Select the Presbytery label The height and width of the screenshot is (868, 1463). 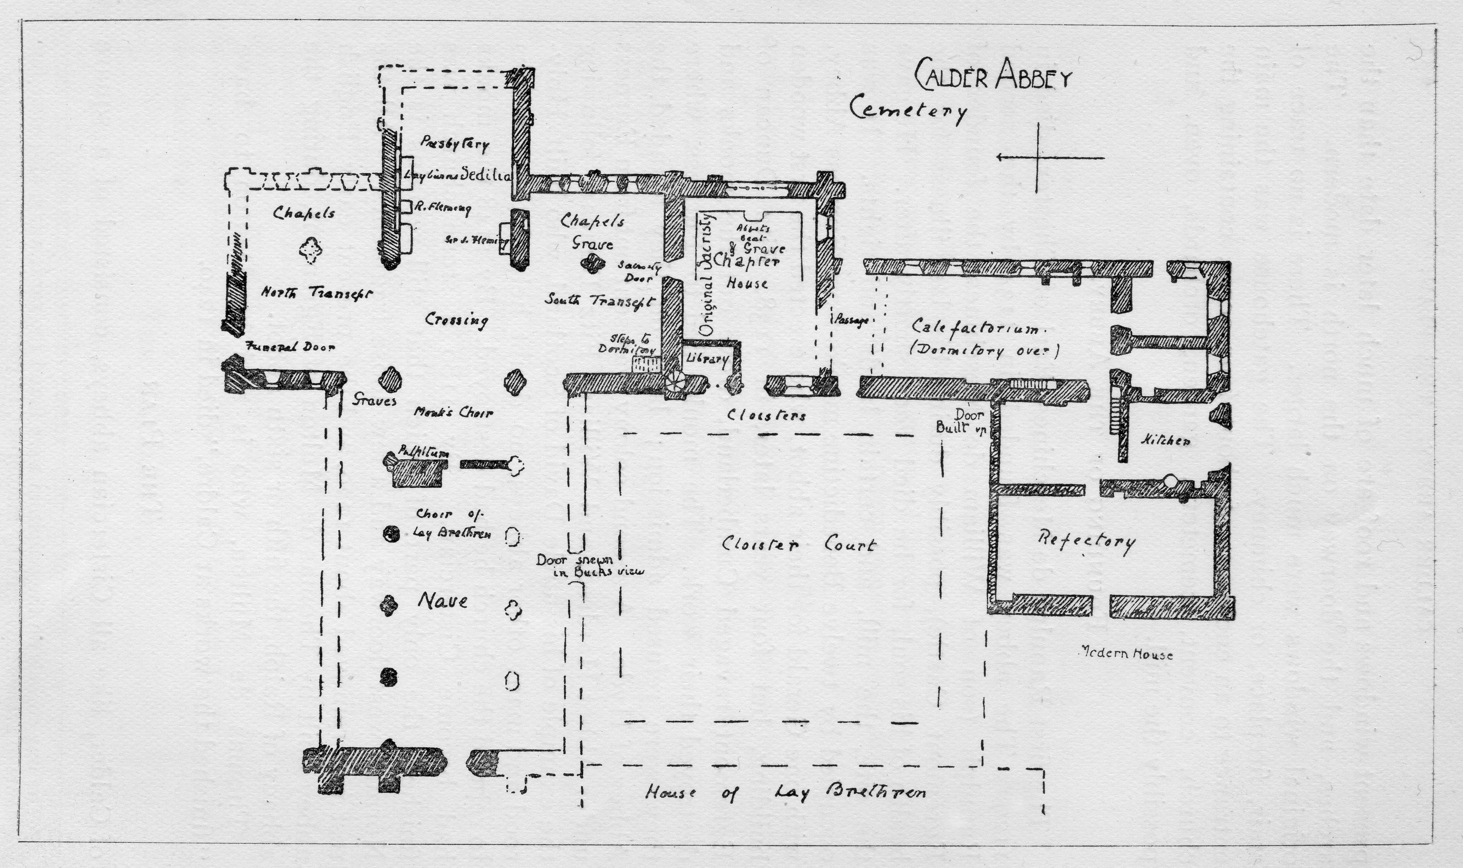(455, 143)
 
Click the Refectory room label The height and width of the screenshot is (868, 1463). (1086, 541)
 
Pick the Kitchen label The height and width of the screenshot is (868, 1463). (1165, 441)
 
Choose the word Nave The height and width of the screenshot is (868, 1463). (442, 601)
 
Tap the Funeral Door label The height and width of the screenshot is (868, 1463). (291, 346)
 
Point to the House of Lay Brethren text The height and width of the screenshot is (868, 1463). (786, 793)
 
